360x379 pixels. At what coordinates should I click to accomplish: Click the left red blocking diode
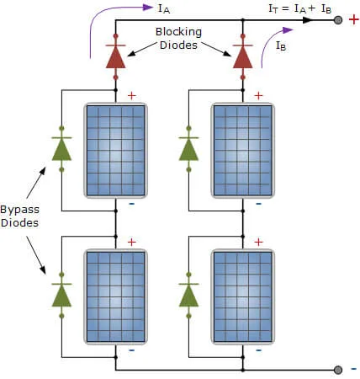click(115, 55)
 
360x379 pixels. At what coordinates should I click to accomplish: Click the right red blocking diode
click(243, 55)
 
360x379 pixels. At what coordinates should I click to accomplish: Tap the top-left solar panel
click(115, 147)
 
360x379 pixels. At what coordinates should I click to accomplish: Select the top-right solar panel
click(242, 147)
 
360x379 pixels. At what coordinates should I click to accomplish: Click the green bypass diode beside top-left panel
click(61, 148)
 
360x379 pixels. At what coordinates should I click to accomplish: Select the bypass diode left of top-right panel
click(188, 148)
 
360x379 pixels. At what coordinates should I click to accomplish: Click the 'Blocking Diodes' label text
click(177, 38)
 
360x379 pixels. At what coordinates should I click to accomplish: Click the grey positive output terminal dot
click(338, 19)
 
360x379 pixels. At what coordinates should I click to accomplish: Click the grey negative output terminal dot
click(338, 369)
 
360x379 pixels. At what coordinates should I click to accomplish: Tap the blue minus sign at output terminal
click(352, 369)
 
